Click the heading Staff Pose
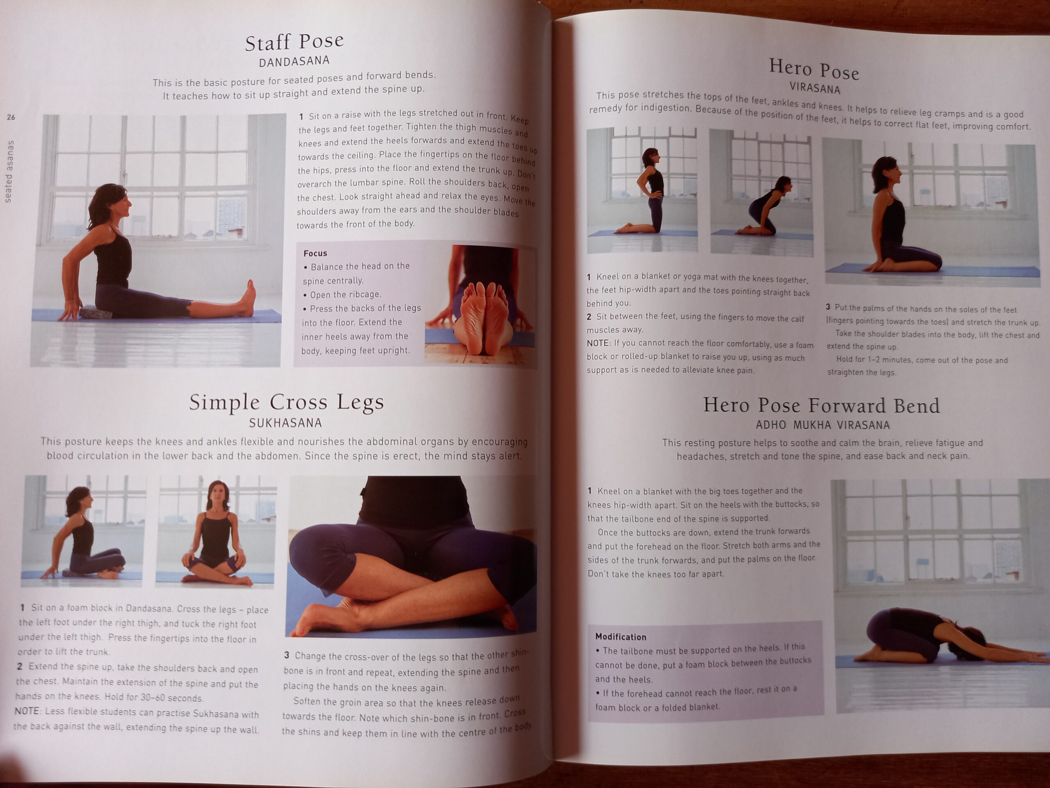click(294, 42)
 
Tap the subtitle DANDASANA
click(294, 61)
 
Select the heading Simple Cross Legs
click(287, 402)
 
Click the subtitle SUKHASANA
click(286, 423)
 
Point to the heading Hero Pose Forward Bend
click(822, 405)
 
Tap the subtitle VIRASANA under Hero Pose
click(815, 88)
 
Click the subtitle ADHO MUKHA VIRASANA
click(823, 425)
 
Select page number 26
click(11, 117)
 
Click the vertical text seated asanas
click(9, 172)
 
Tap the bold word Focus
click(315, 253)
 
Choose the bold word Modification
click(621, 637)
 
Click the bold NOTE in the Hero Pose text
click(598, 343)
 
